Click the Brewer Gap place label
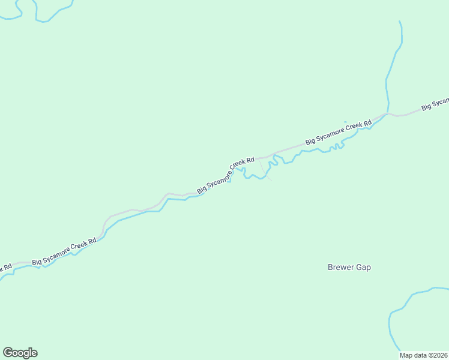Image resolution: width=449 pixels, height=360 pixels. coord(349,268)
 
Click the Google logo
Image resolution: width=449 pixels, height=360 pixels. coord(20,353)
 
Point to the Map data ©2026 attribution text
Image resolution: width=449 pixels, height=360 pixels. coord(424,355)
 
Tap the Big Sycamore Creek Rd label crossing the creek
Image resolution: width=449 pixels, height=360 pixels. coord(226,175)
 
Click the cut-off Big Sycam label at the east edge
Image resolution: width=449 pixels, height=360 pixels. coord(435,104)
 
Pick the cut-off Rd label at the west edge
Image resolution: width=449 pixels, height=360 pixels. coord(5,268)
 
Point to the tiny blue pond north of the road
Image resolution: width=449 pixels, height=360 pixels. coord(345,122)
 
